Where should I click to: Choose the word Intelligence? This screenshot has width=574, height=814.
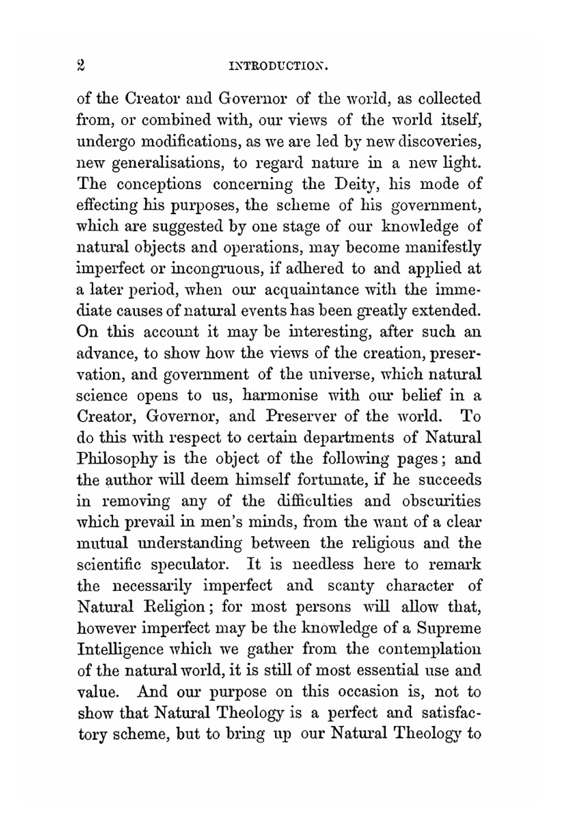point(120,649)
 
